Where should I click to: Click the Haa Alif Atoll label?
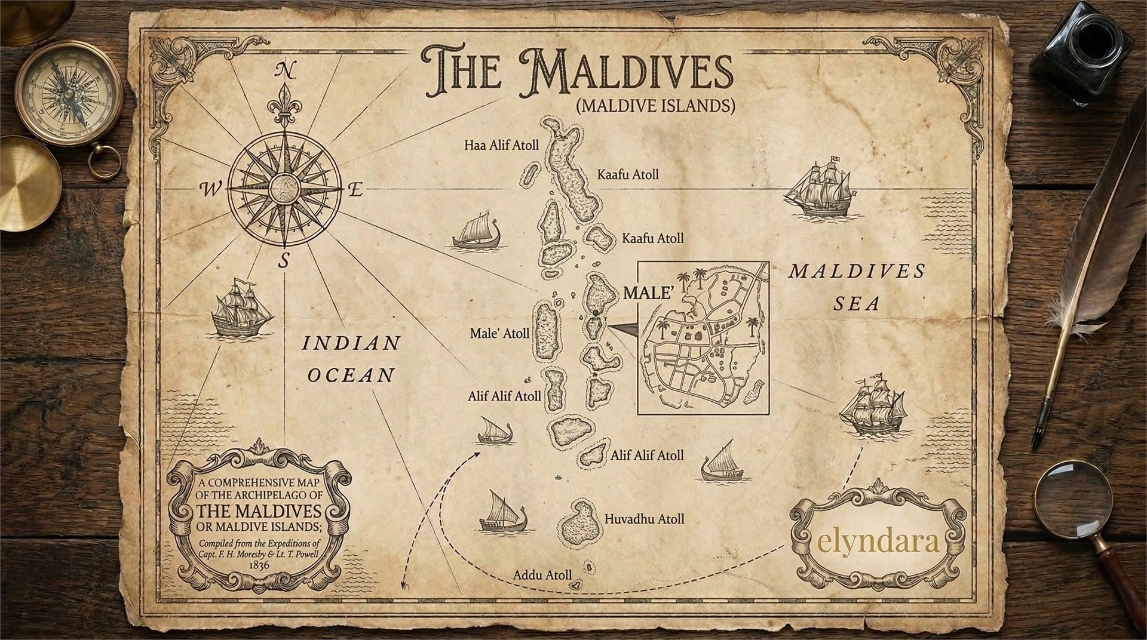click(x=502, y=145)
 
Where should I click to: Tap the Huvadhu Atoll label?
click(x=644, y=519)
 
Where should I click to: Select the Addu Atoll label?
click(x=542, y=575)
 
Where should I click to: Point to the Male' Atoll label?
click(x=499, y=333)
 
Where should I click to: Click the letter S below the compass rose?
click(x=285, y=260)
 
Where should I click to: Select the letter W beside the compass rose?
click(x=210, y=190)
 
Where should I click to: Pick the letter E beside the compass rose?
click(x=355, y=191)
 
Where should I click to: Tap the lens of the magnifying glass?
click(x=1067, y=498)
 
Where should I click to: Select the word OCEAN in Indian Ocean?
click(x=351, y=375)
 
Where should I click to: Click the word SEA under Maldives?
click(x=857, y=304)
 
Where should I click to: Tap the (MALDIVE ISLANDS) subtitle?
click(x=655, y=106)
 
